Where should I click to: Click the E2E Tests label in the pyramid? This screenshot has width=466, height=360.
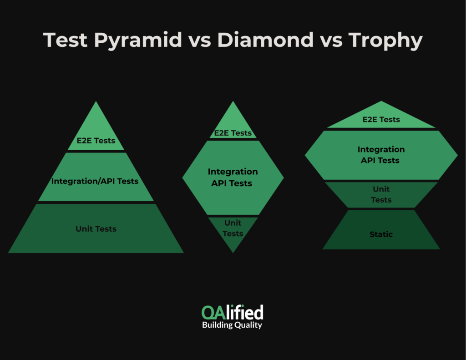(96, 141)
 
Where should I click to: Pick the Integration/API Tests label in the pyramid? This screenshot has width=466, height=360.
(95, 181)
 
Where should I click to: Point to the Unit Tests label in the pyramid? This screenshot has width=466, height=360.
(96, 229)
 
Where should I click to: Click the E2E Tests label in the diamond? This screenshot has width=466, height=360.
(233, 133)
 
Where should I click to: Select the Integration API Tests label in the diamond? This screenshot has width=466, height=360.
(233, 177)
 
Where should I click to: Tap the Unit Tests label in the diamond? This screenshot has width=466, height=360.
(233, 228)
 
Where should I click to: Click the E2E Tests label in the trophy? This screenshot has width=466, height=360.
(381, 120)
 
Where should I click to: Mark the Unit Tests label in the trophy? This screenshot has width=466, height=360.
(381, 194)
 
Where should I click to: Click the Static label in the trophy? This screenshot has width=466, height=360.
(381, 234)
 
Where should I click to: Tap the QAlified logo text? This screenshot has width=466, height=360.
(233, 312)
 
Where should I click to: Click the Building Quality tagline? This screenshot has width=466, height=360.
(232, 325)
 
